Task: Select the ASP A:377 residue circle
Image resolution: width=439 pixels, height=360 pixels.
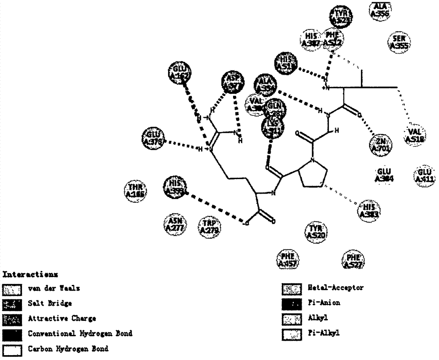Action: point(232,81)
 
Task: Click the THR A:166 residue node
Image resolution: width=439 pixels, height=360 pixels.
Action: point(134,190)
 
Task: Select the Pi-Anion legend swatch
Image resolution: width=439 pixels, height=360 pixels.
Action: point(291,303)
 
